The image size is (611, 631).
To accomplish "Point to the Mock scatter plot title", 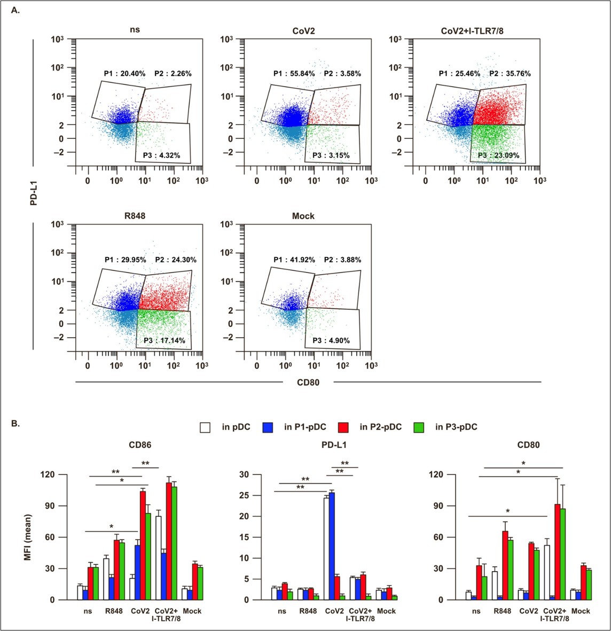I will pos(303,216).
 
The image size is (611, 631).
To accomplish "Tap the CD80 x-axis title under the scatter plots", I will pos(308,382).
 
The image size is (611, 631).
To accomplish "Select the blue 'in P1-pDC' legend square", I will pos(268,427).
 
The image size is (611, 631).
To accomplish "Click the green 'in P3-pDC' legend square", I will pos(420,427).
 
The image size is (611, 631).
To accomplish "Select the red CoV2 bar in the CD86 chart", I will pos(143,546).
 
